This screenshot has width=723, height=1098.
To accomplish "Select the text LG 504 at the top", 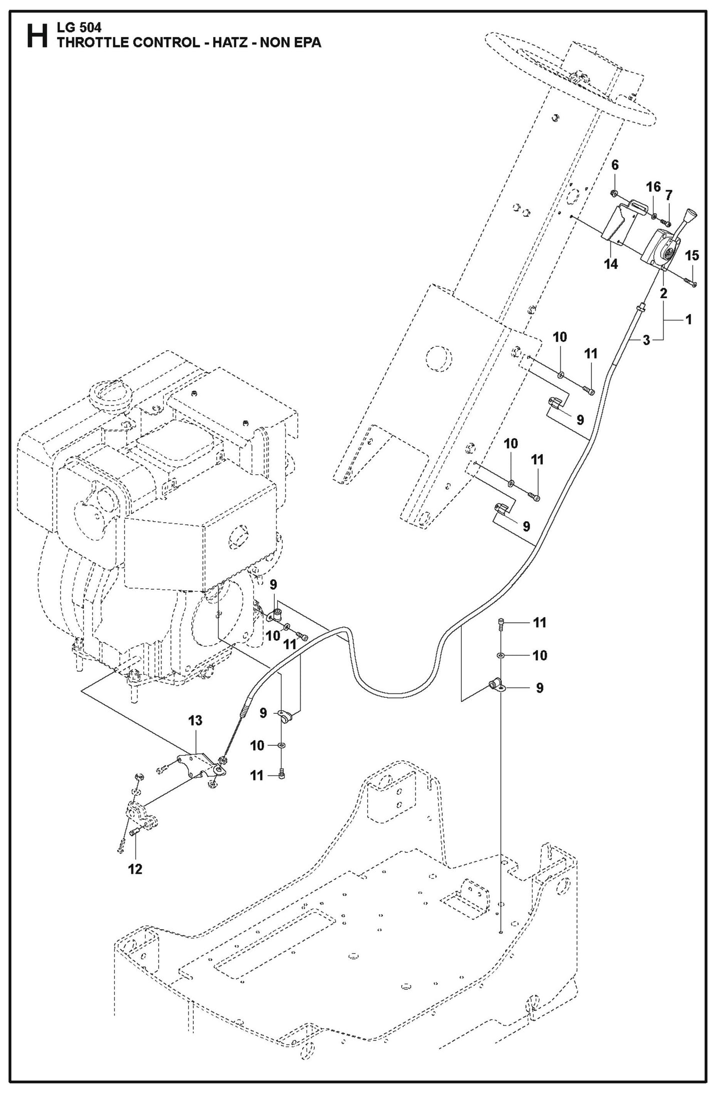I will coord(79,29).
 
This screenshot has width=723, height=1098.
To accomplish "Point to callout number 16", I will coord(653,187).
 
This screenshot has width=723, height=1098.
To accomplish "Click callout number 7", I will coord(668,195).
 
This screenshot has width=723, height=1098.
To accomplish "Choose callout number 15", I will coord(691,256).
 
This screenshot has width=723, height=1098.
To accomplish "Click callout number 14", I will coord(611,264).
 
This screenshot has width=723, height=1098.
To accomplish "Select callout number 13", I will coord(195,720).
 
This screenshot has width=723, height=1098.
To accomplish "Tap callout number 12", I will coord(135,869).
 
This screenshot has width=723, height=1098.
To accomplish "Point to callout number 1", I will coord(688,319).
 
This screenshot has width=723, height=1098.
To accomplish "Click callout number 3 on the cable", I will coord(646,341).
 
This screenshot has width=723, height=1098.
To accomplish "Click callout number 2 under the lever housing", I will coord(663,293).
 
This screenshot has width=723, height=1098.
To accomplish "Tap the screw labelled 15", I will coord(692,284).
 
